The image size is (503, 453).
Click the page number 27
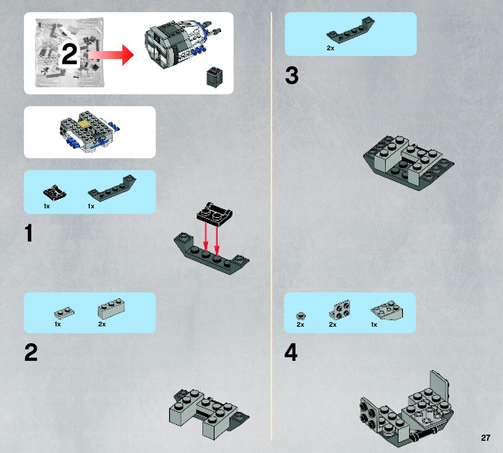486,438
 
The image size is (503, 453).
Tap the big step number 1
29,233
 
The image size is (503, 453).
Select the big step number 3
291,76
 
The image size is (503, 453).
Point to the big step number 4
291,353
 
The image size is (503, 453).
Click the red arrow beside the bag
111,55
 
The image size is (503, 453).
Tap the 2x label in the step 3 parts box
330,48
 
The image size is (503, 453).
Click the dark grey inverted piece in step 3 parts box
350,31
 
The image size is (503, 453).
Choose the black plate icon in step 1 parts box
55,192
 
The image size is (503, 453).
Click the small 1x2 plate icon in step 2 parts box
64,313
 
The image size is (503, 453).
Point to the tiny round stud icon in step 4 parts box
300,315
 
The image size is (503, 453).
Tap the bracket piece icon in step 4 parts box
340,310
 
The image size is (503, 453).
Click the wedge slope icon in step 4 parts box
387,311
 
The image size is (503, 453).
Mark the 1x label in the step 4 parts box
374,325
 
